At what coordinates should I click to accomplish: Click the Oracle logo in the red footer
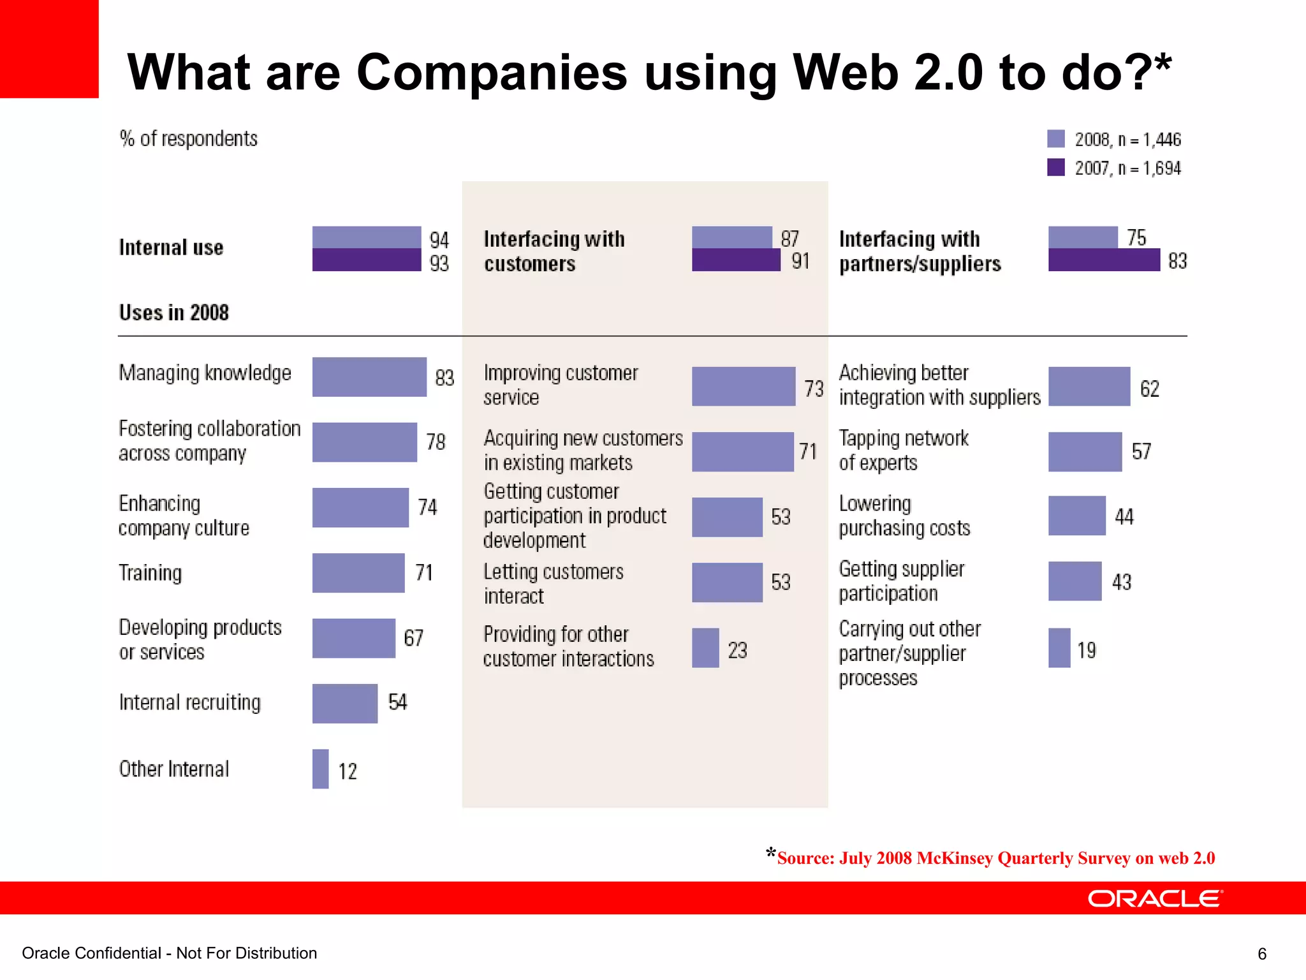pyautogui.click(x=1154, y=898)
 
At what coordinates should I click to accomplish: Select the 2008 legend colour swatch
pyautogui.click(x=1055, y=139)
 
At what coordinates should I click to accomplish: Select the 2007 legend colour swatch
pyautogui.click(x=1055, y=167)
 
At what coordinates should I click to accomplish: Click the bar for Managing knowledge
pyautogui.click(x=369, y=376)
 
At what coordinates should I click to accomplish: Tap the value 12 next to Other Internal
pyautogui.click(x=348, y=771)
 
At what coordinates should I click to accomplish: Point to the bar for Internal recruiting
pyautogui.click(x=344, y=703)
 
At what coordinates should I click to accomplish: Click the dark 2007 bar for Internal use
pyautogui.click(x=366, y=260)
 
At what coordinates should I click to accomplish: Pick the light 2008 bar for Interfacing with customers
pyautogui.click(x=731, y=237)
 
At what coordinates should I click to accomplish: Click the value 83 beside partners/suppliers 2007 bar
pyautogui.click(x=1177, y=261)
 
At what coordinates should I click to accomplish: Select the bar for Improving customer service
pyautogui.click(x=743, y=387)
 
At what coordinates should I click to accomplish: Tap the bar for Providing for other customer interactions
pyautogui.click(x=705, y=648)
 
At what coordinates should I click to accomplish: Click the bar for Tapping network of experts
pyautogui.click(x=1084, y=452)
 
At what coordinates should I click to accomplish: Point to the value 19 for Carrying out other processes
pyautogui.click(x=1086, y=650)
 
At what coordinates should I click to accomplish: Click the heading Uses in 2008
pyautogui.click(x=173, y=313)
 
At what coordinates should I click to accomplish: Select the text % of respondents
pyautogui.click(x=189, y=138)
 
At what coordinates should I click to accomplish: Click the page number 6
pyautogui.click(x=1261, y=954)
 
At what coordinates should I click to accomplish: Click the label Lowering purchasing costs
pyautogui.click(x=904, y=516)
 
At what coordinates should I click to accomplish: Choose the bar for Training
pyautogui.click(x=358, y=573)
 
